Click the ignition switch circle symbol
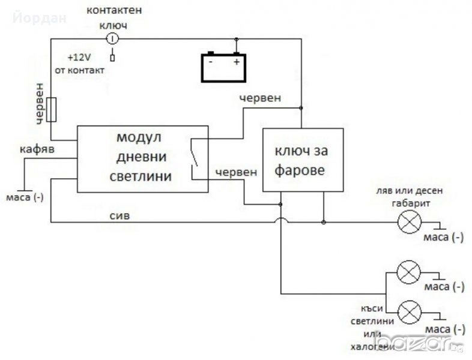(x=112, y=39)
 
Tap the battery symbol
(x=223, y=67)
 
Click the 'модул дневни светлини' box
(x=142, y=159)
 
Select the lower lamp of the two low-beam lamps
(x=410, y=312)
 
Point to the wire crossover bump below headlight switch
(x=280, y=222)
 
